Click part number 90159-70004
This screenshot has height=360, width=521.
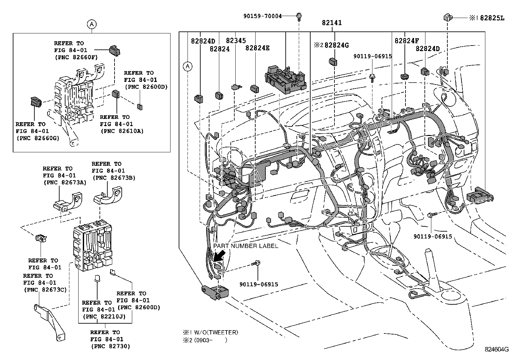click(262, 16)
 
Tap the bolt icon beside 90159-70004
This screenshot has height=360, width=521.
click(299, 16)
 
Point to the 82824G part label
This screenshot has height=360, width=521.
click(336, 45)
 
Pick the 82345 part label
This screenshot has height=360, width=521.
click(236, 41)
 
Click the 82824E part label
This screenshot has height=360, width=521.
click(257, 48)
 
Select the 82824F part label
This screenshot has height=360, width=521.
click(406, 41)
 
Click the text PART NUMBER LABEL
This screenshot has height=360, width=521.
click(245, 246)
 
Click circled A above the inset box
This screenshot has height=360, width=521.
click(92, 24)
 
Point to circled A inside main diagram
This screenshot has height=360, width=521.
click(188, 66)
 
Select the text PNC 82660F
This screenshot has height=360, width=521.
click(76, 57)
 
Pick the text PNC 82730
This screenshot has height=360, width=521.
click(110, 346)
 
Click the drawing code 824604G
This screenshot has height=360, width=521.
click(496, 349)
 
